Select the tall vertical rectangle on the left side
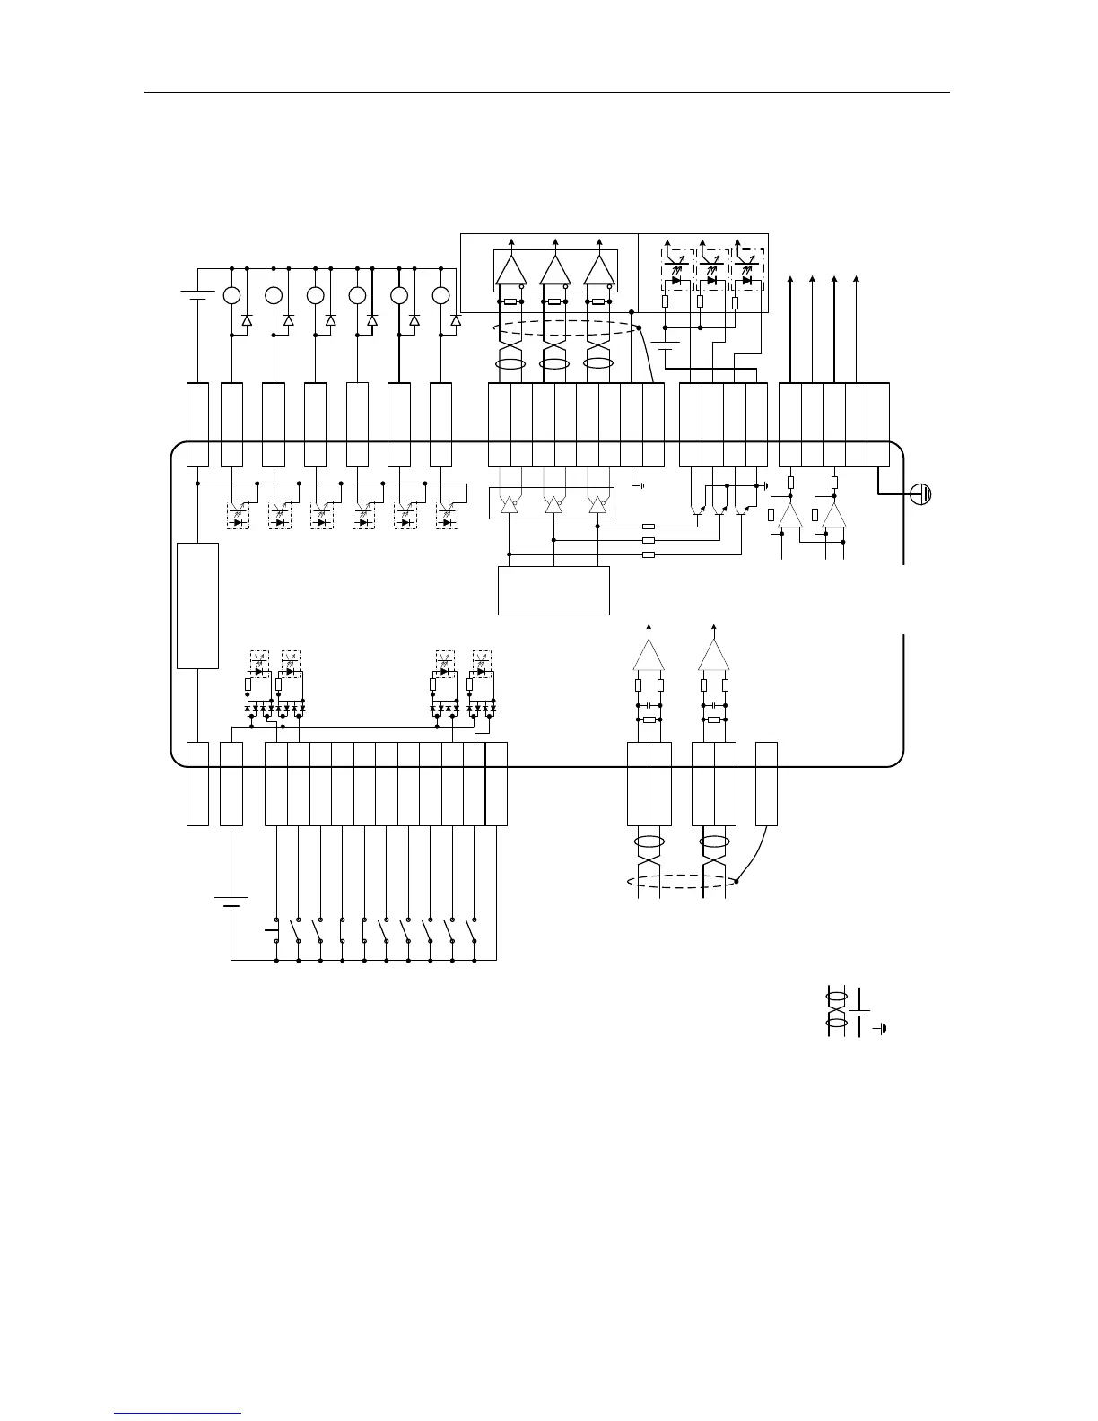pos(198,606)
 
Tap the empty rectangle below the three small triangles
pos(553,589)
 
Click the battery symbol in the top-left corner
pos(195,295)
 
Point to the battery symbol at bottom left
pos(231,901)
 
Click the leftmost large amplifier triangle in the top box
pos(511,271)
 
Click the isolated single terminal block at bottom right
pos(767,783)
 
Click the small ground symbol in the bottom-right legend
pos(883,1028)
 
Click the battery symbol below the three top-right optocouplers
pos(666,345)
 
